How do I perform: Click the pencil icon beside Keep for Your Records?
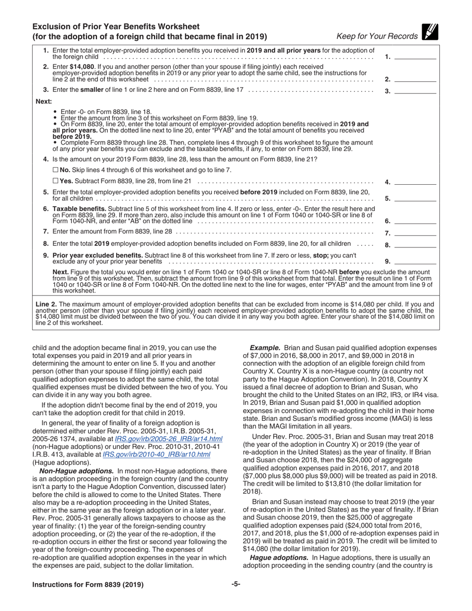click(430, 32)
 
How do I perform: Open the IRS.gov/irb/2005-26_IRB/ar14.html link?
click(168, 439)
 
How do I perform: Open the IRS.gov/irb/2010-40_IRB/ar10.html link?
click(156, 454)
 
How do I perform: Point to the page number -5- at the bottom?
click(236, 584)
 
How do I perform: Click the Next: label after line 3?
click(44, 101)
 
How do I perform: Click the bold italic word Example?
click(265, 348)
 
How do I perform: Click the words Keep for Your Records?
click(377, 36)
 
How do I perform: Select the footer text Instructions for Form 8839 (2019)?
click(88, 585)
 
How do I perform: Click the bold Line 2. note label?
click(47, 304)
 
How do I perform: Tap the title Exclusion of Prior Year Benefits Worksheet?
click(116, 27)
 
